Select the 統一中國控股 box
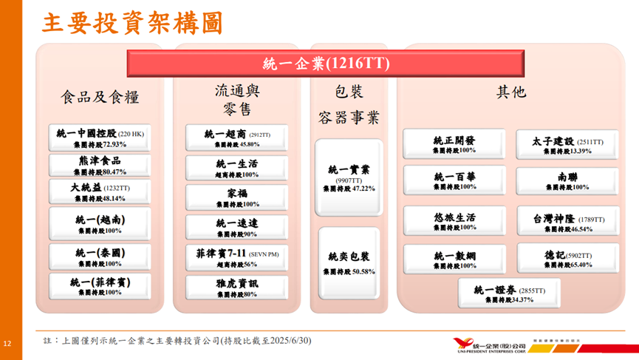[x=100, y=137]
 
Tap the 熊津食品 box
[x=100, y=166]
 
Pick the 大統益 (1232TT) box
[x=100, y=192]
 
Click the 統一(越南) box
[x=100, y=224]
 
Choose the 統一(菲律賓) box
[x=100, y=286]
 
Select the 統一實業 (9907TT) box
[x=349, y=178]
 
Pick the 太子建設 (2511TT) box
[x=567, y=145]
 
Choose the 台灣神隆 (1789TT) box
[x=567, y=223]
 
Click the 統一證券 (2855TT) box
[x=508, y=293]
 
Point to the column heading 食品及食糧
[x=100, y=97]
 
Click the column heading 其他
[x=510, y=92]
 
